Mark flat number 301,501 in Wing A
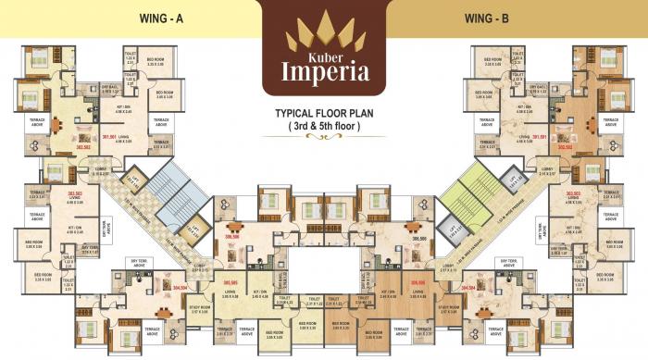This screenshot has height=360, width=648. pyautogui.click(x=111, y=137)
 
